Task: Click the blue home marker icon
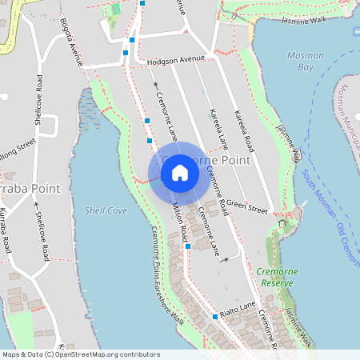click(x=180, y=173)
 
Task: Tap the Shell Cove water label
click(x=106, y=210)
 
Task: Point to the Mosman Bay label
click(x=306, y=62)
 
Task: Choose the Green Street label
click(x=246, y=207)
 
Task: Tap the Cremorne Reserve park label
click(x=278, y=277)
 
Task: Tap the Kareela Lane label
click(x=216, y=126)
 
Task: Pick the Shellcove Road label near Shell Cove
click(x=40, y=230)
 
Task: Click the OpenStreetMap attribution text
click(x=80, y=354)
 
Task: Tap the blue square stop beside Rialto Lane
click(x=215, y=317)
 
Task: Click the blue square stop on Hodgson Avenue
click(x=126, y=53)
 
